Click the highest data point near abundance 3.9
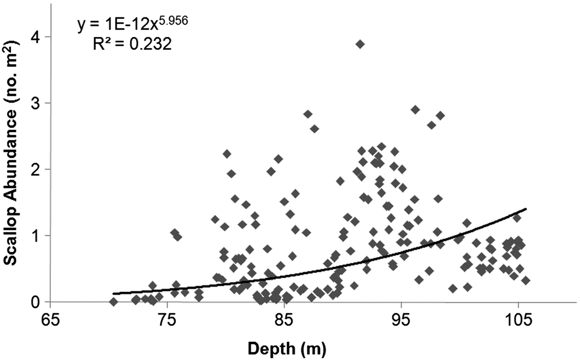coord(360,44)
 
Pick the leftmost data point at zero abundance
coord(114,302)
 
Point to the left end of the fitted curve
coord(114,293)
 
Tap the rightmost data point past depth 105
coord(526,280)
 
